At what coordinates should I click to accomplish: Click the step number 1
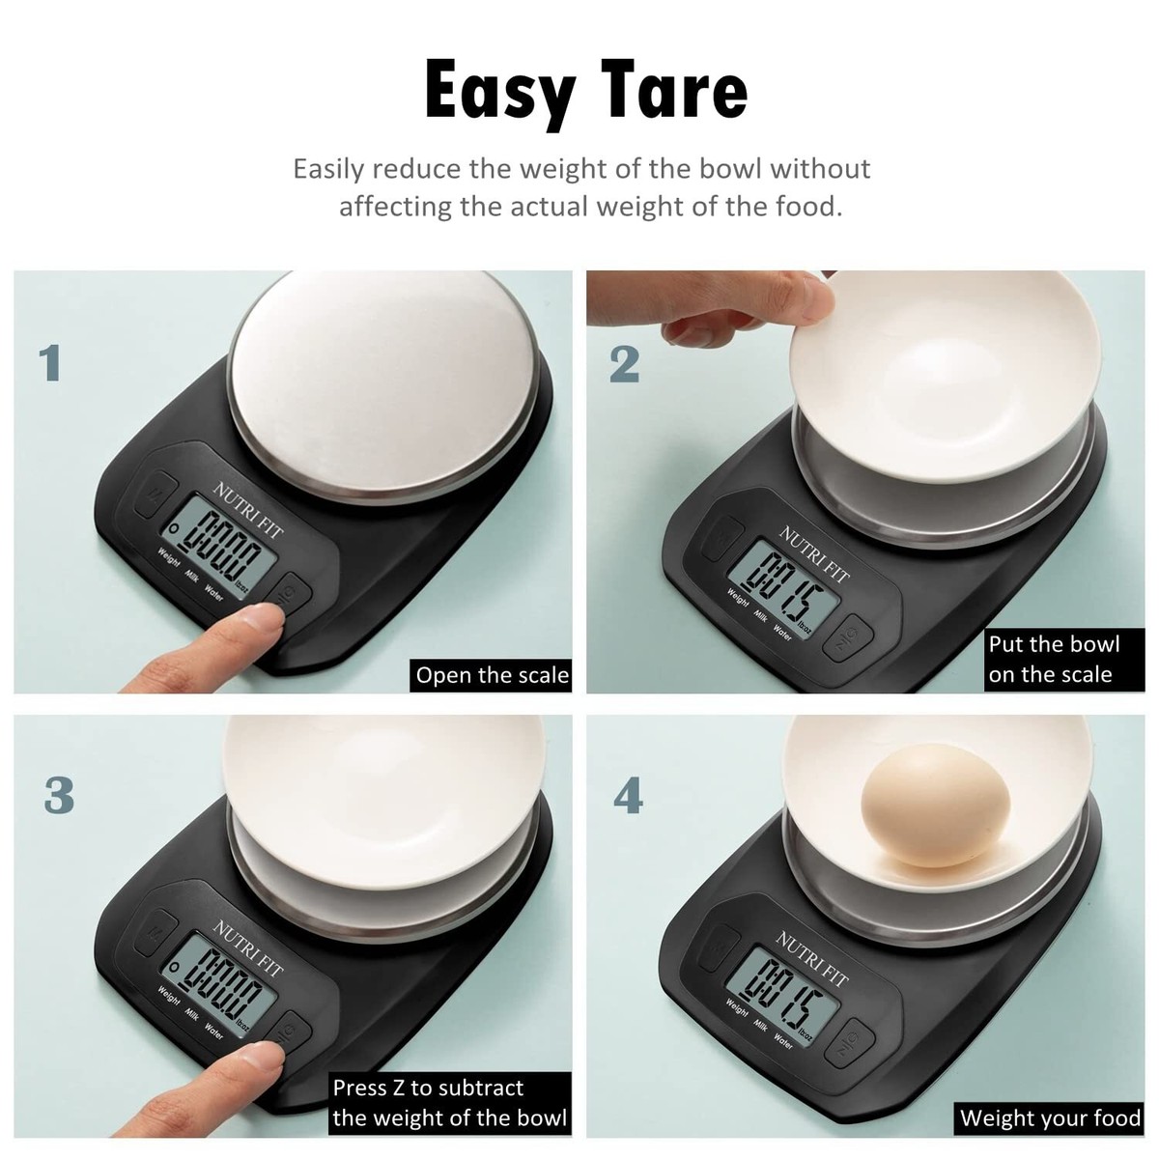click(x=50, y=364)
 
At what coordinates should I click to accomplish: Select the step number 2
click(x=625, y=364)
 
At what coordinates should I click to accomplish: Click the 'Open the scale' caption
click(x=492, y=674)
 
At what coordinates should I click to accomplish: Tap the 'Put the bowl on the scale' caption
click(x=1053, y=660)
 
